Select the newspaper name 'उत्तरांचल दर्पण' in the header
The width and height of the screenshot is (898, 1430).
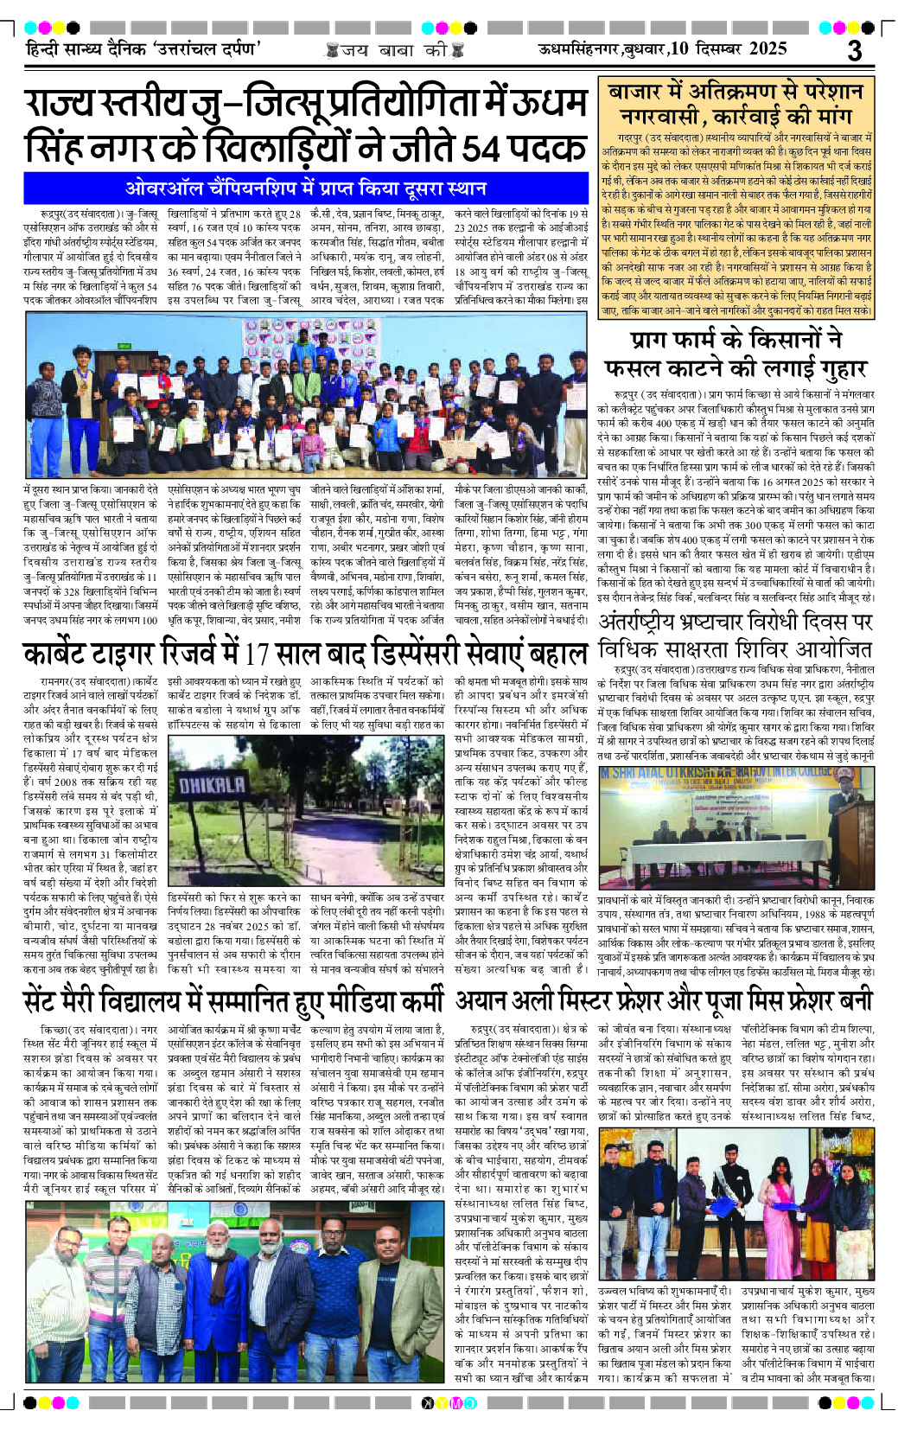tap(207, 49)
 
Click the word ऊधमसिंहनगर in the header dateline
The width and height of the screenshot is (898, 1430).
tap(578, 49)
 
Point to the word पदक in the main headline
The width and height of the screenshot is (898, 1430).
tap(546, 145)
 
